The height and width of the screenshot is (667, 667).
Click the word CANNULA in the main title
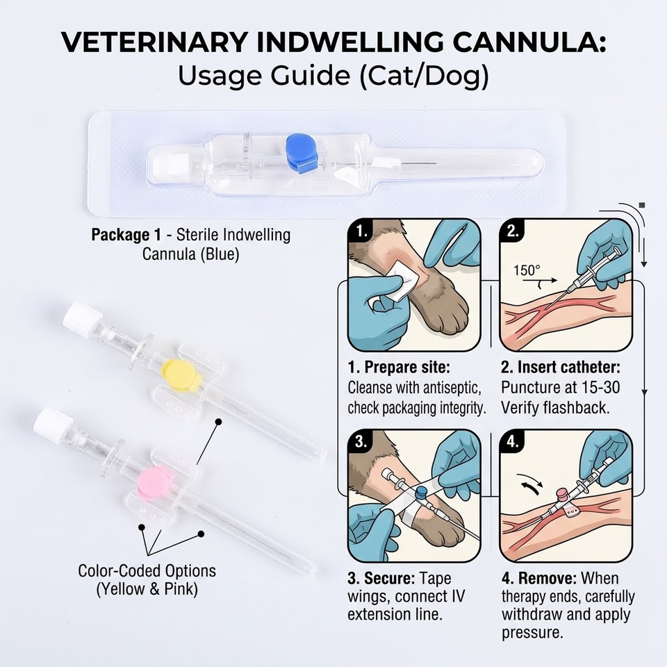click(x=529, y=42)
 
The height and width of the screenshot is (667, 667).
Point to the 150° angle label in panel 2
click(x=527, y=270)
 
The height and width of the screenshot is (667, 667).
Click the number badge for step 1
click(x=361, y=231)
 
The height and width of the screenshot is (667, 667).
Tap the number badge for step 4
click(x=513, y=442)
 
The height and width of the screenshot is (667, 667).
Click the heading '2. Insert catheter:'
click(x=560, y=367)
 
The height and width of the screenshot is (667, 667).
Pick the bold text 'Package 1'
click(x=126, y=234)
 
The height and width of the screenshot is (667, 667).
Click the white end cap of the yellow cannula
click(x=82, y=320)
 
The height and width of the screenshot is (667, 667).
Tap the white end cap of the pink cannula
click(x=53, y=424)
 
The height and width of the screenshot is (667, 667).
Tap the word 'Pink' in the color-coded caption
click(x=181, y=589)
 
